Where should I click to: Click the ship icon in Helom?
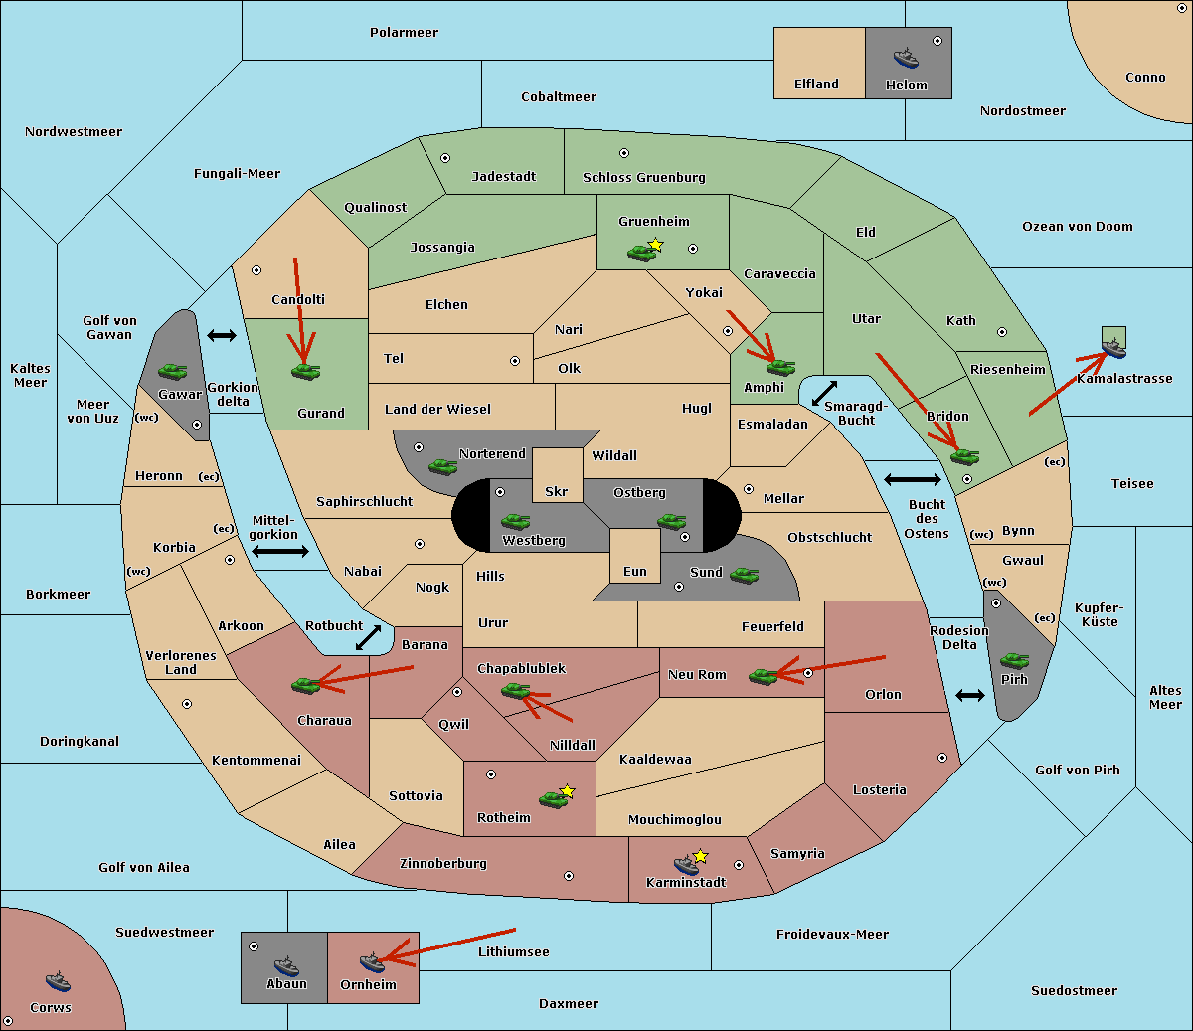[906, 58]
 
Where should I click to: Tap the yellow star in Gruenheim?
[655, 245]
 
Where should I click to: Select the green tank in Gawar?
[172, 371]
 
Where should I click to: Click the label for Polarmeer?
[404, 33]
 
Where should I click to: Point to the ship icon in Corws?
[58, 981]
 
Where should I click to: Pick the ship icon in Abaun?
[286, 965]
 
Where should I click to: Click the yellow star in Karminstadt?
[701, 856]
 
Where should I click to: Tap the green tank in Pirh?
[1014, 661]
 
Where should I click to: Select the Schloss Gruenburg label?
[643, 178]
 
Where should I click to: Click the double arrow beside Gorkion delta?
[222, 335]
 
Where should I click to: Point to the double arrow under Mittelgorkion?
[280, 552]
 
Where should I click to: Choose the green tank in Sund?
[745, 575]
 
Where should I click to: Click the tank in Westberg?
[515, 521]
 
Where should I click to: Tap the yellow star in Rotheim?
[567, 791]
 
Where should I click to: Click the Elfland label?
[816, 85]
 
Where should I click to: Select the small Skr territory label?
[556, 491]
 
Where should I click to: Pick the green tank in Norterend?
[442, 466]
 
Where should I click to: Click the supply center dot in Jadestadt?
[445, 157]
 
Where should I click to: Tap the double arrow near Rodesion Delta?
[970, 695]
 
